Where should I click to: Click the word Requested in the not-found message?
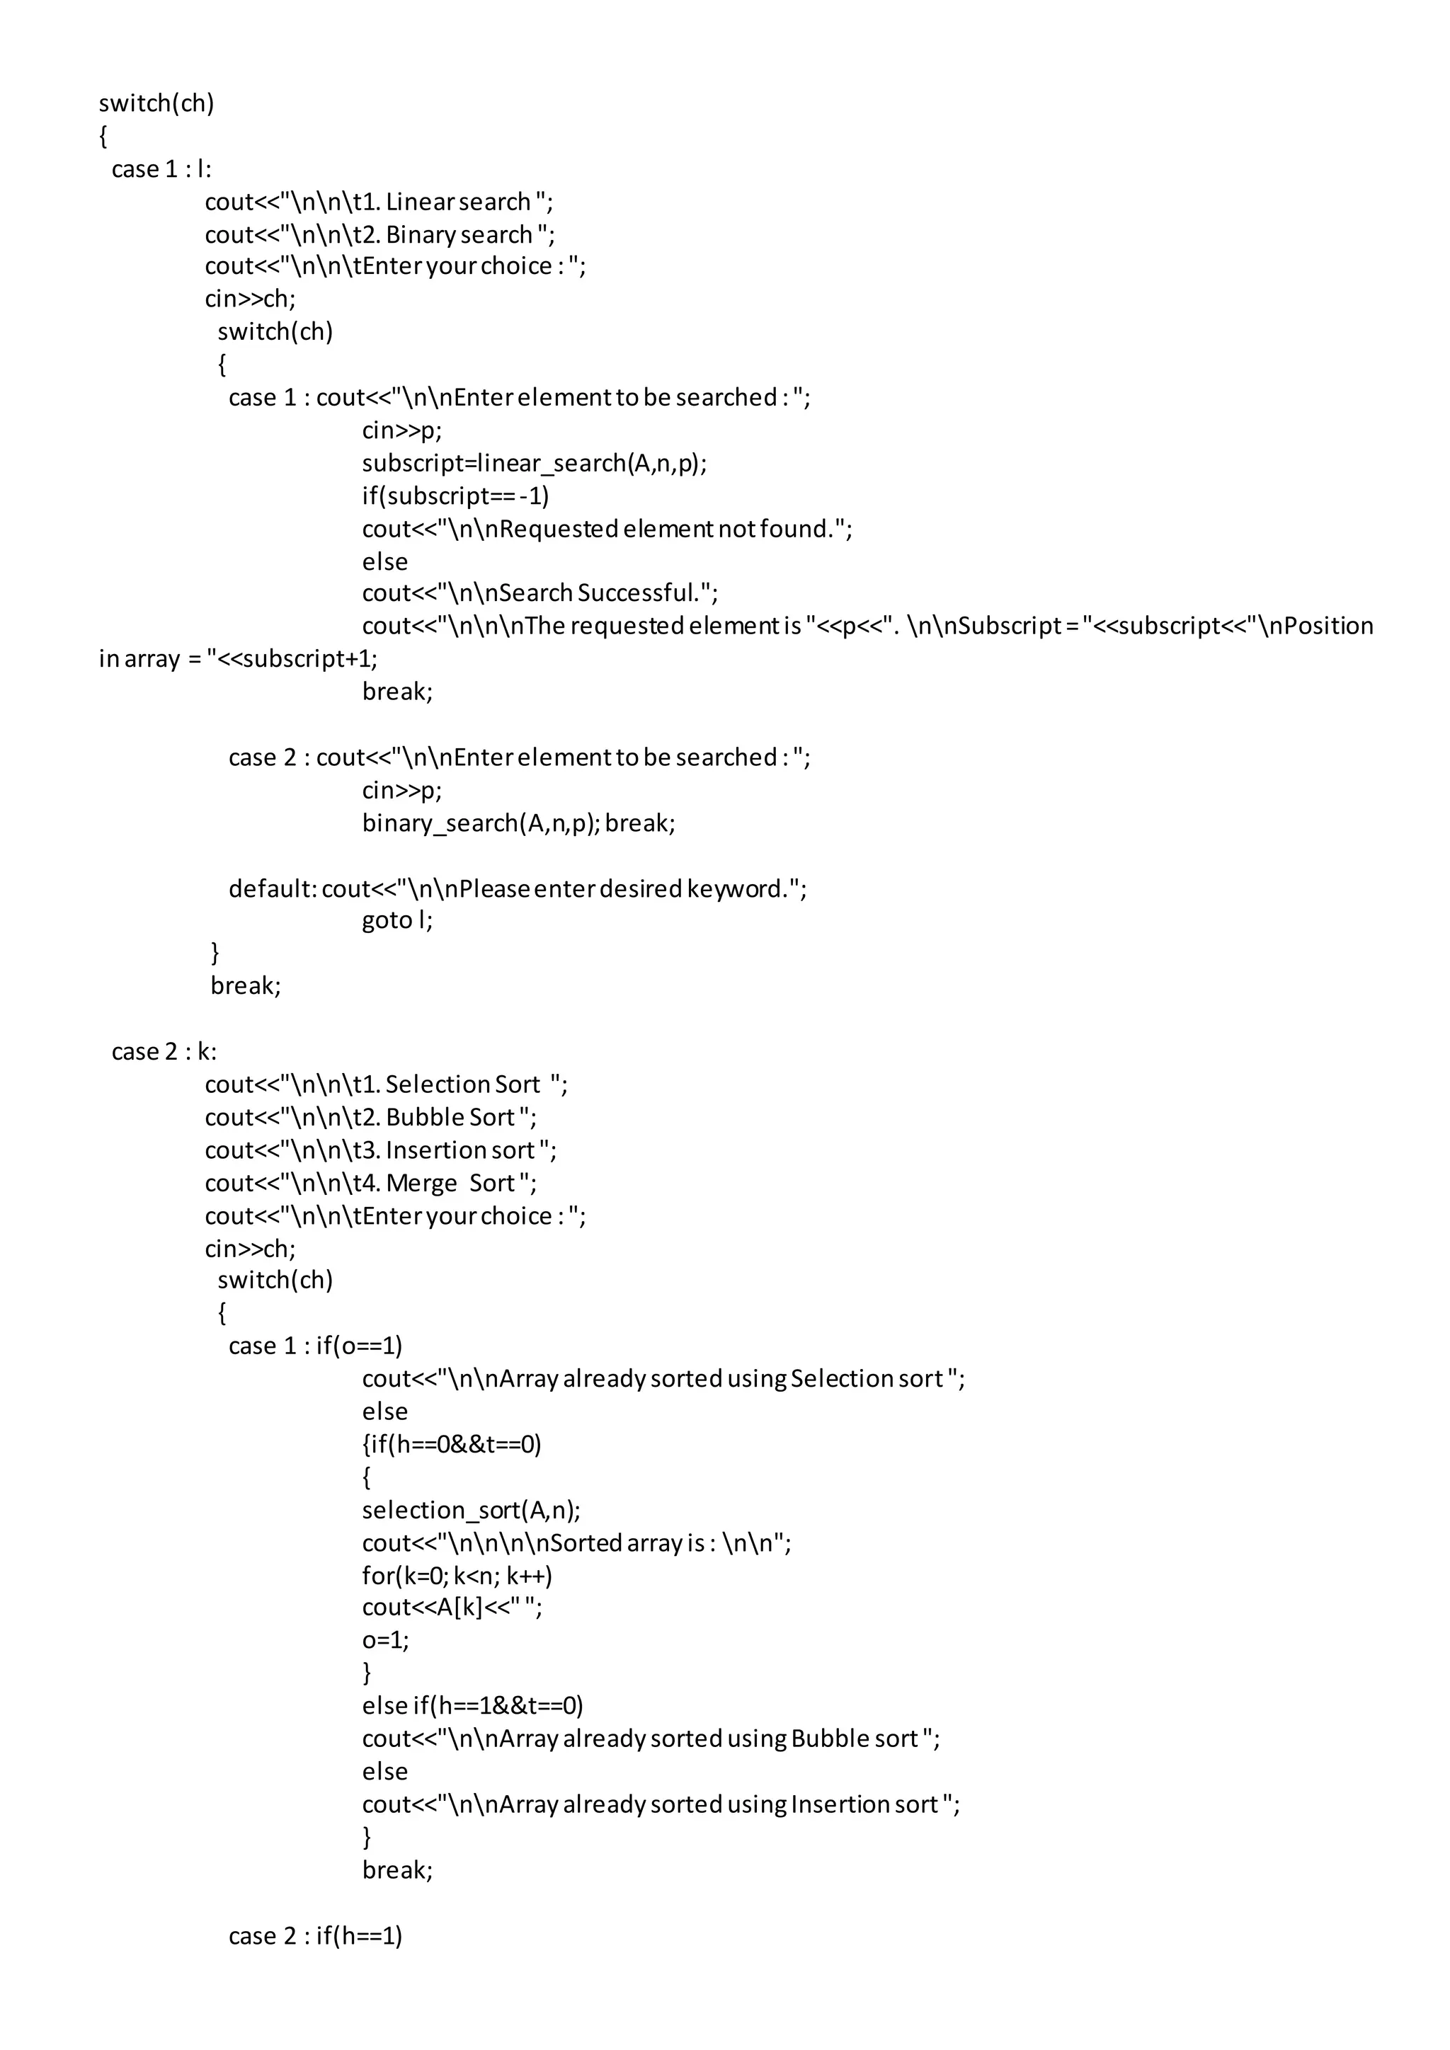click(x=558, y=529)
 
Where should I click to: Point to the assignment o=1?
click(x=385, y=1641)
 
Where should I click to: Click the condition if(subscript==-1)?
click(x=455, y=496)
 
